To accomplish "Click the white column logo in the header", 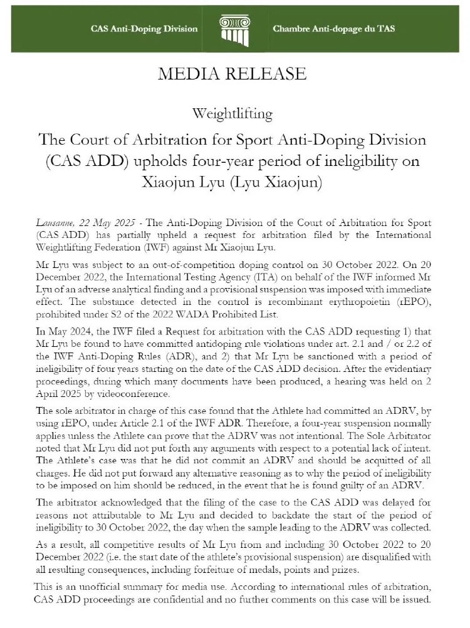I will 235,28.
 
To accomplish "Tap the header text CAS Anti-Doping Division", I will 144,29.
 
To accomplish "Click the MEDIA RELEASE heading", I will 232,74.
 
